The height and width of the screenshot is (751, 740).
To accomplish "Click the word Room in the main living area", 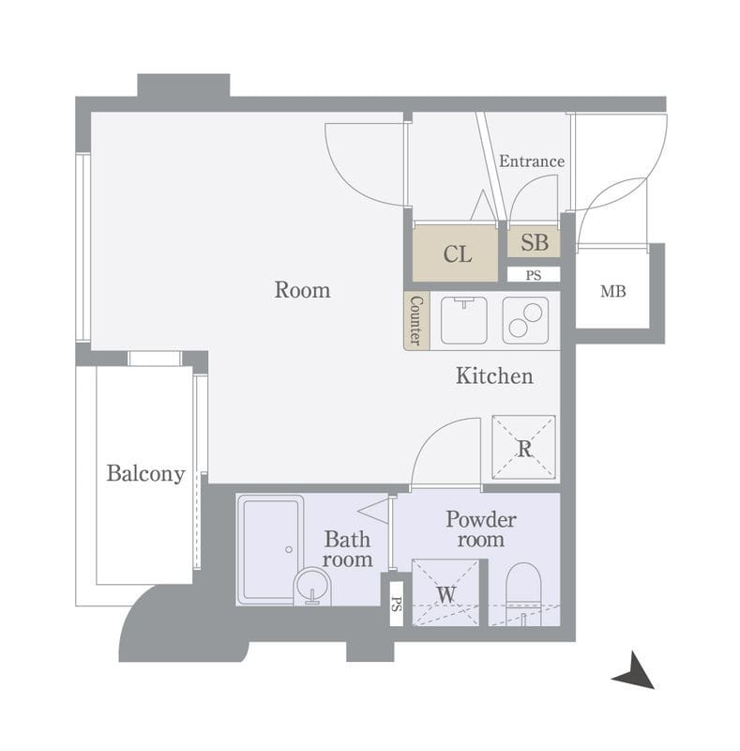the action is (x=302, y=290).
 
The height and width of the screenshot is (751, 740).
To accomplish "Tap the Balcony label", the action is (x=145, y=474).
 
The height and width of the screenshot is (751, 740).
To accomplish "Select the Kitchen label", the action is (x=494, y=375).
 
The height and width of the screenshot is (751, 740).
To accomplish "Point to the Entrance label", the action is (x=531, y=161).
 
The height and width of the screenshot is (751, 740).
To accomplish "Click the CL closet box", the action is (x=455, y=253).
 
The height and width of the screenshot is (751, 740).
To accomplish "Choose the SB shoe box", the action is (x=534, y=242).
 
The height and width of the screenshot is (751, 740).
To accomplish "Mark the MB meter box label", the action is (x=612, y=291).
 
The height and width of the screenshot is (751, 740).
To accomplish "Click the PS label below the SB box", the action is (x=534, y=275).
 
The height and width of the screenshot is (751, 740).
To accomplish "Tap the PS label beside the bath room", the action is (x=397, y=604).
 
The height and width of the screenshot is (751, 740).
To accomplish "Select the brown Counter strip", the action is (x=416, y=320).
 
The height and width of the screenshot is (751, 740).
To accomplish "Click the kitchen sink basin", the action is (x=464, y=320).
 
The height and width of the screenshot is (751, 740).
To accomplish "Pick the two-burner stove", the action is (x=525, y=320).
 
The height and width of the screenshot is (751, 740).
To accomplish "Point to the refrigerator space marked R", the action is (x=523, y=448).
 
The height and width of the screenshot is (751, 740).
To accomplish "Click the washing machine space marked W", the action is (x=446, y=592).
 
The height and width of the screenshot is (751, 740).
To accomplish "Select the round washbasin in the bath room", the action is (x=312, y=586).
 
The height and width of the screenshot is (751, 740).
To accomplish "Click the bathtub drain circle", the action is (x=289, y=549).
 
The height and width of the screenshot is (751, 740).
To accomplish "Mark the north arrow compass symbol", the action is (x=635, y=671).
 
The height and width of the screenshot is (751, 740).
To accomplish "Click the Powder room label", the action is (x=480, y=529).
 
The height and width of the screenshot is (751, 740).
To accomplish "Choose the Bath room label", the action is (x=347, y=549).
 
